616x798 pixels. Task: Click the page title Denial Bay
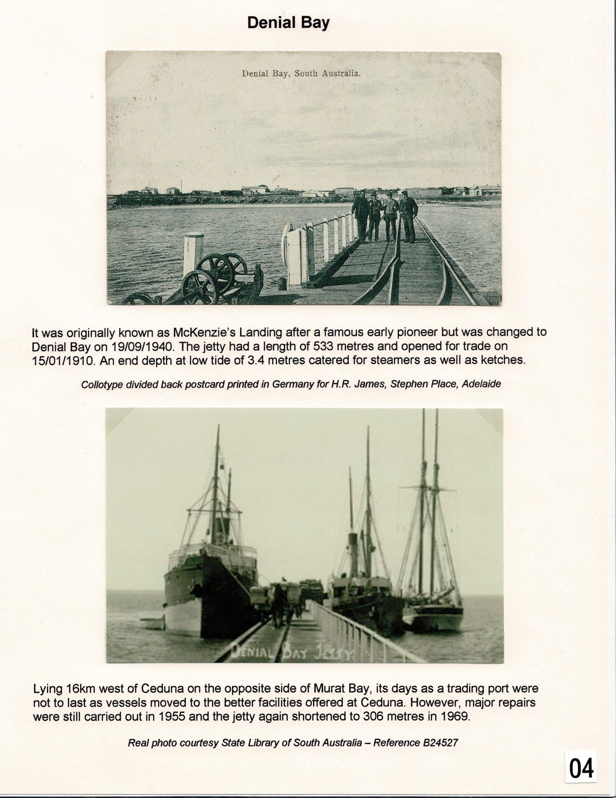(288, 23)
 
